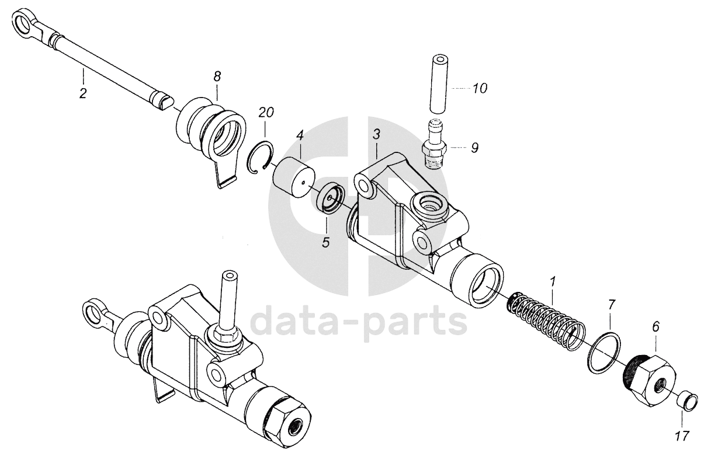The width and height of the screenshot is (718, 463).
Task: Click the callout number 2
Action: coord(83,93)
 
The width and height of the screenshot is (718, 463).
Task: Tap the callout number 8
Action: coord(217,76)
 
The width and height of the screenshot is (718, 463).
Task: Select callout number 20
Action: coord(266,112)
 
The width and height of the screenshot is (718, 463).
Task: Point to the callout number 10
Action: coord(480,89)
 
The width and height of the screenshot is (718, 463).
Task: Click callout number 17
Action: coord(682,435)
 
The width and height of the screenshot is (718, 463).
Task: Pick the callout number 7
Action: coord(612,304)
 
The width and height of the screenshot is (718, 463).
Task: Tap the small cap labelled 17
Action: coord(687,402)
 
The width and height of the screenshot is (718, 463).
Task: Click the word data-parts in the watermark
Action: coord(359,320)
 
